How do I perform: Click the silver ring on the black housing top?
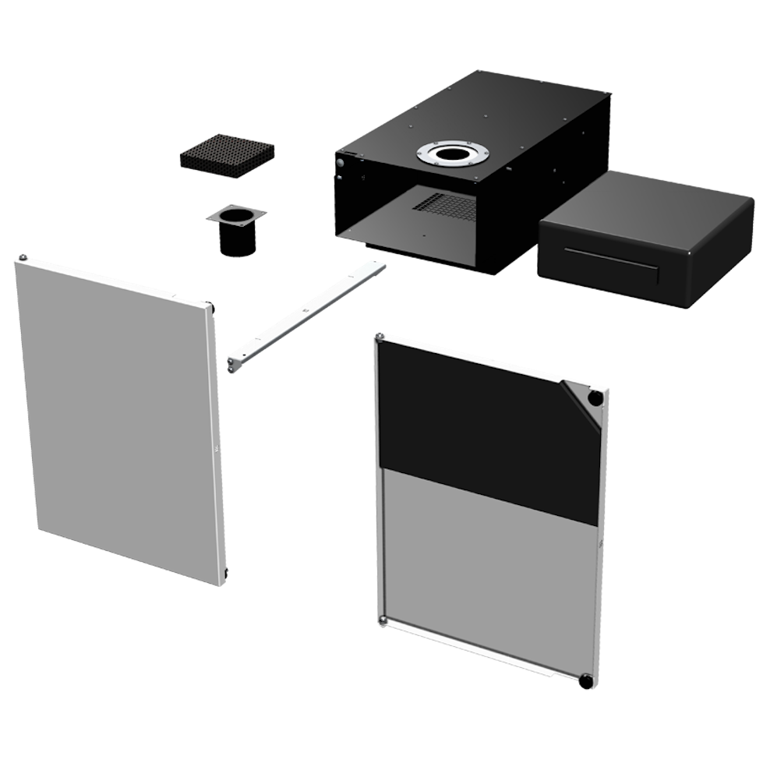pyautogui.click(x=452, y=155)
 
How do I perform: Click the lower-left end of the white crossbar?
pyautogui.click(x=234, y=363)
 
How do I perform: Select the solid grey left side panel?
pyautogui.click(x=117, y=421)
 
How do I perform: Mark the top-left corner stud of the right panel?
pyautogui.click(x=380, y=338)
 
